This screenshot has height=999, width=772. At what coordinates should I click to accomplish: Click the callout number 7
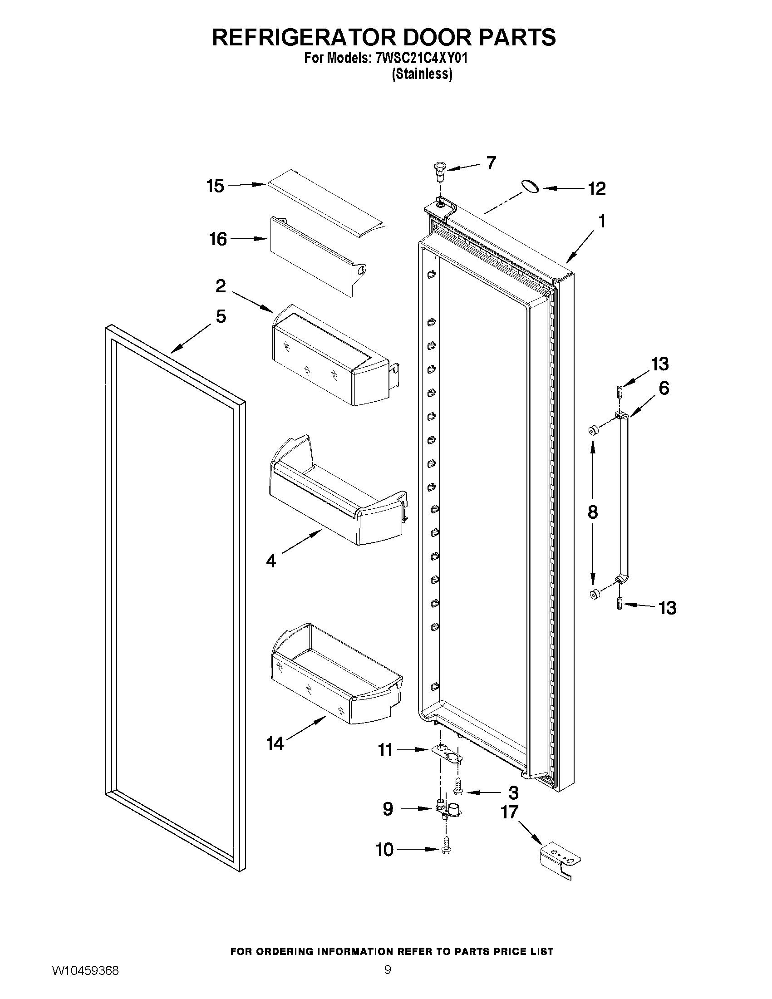491,163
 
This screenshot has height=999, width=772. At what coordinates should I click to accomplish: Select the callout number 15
215,186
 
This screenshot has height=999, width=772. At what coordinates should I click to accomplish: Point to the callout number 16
218,239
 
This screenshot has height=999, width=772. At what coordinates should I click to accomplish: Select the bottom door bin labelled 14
334,677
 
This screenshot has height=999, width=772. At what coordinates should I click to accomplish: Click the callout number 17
510,812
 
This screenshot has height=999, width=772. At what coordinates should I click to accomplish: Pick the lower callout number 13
667,608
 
